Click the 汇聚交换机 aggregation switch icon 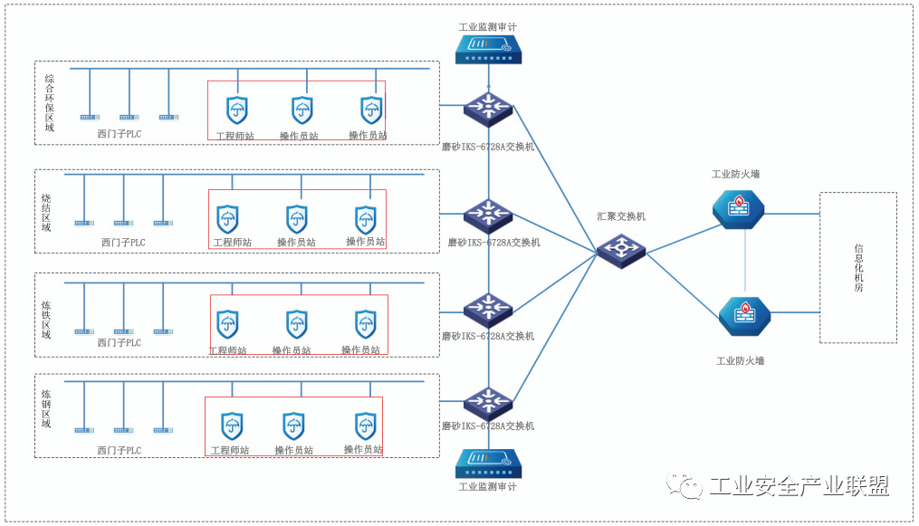click(x=621, y=250)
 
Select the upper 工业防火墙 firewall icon click(x=738, y=208)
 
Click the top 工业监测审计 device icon click(x=488, y=49)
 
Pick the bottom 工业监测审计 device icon click(x=488, y=464)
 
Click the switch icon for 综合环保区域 click(x=488, y=108)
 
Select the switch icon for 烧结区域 click(x=488, y=216)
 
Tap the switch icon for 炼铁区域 click(x=488, y=310)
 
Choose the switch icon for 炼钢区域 click(x=488, y=401)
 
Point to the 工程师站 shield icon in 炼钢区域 click(x=231, y=426)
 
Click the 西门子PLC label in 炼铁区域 click(x=120, y=343)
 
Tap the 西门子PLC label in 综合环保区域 click(x=120, y=134)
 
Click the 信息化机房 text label click(x=858, y=267)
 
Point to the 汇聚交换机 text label click(x=621, y=217)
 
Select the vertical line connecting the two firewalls click(x=745, y=263)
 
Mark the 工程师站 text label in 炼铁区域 click(x=228, y=350)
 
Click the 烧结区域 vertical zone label click(x=46, y=212)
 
